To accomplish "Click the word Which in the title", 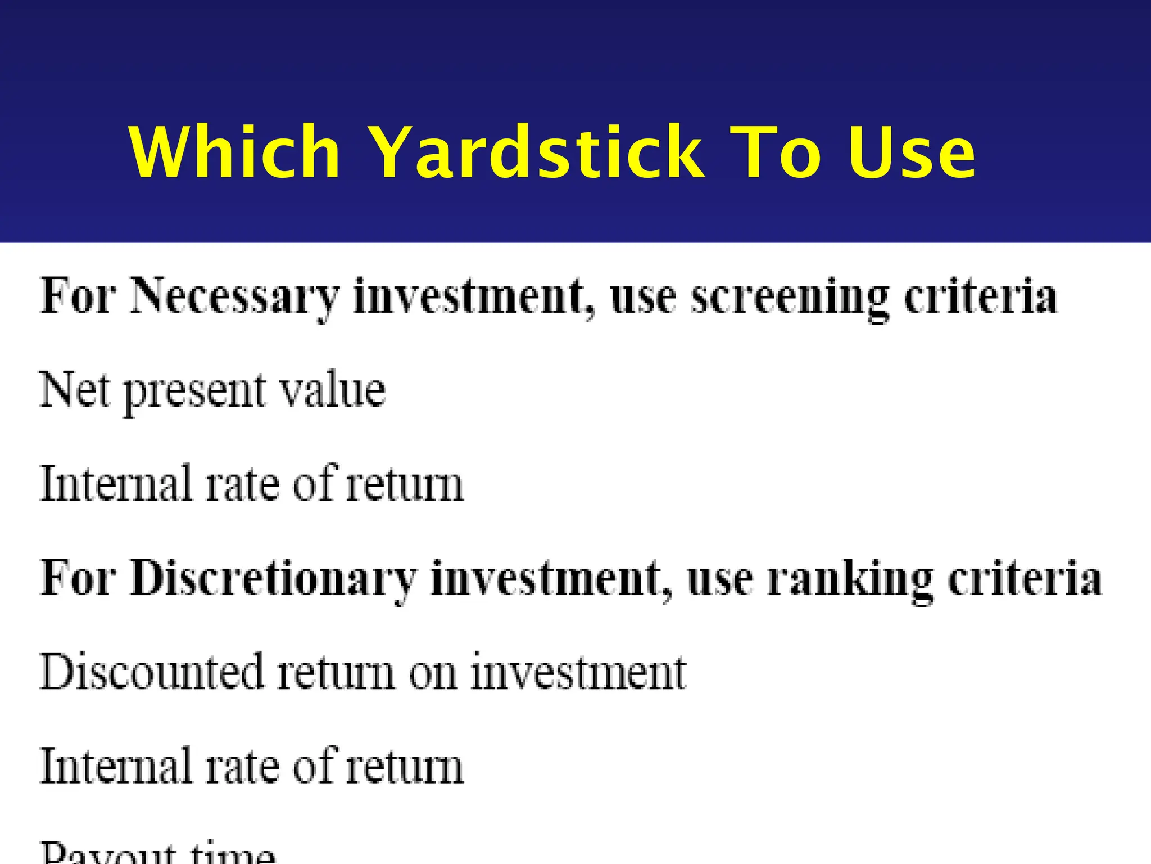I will click(235, 152).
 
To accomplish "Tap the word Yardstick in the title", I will click(537, 152).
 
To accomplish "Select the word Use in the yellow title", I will click(912, 153).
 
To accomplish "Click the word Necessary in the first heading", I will click(235, 297).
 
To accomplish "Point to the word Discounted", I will click(152, 672).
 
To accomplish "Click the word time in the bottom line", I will click(232, 854).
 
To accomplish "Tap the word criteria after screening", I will click(980, 296).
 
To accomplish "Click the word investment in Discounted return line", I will click(578, 672).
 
